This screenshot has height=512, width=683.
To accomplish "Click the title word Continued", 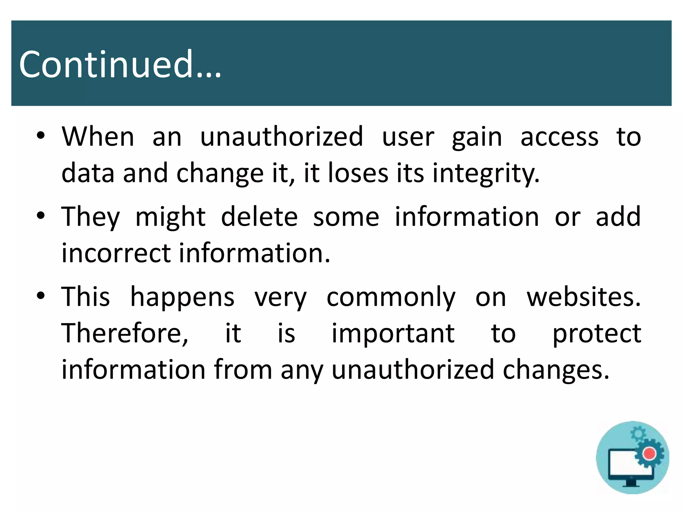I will (x=120, y=64).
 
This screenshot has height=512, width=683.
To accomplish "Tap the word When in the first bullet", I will (x=98, y=136).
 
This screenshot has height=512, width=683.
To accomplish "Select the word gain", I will (x=477, y=138).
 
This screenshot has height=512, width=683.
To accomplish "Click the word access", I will (x=559, y=137).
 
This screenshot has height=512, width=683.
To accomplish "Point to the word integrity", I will (x=486, y=174).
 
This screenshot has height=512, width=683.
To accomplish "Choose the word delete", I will (x=259, y=217).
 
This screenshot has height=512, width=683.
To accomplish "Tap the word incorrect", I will (x=116, y=253).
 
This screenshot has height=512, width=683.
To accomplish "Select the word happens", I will (x=182, y=297).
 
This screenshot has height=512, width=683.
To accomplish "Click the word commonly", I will (x=391, y=297).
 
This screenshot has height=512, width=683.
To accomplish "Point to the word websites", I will (x=584, y=297).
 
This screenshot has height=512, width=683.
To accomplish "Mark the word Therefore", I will (x=125, y=333).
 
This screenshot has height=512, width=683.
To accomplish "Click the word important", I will (x=393, y=334).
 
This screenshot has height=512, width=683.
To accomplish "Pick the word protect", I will (x=597, y=334).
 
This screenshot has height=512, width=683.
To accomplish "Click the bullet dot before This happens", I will (x=41, y=296).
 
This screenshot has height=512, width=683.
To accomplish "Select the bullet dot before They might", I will (x=41, y=216).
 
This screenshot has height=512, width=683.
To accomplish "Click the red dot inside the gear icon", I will (x=649, y=453).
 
